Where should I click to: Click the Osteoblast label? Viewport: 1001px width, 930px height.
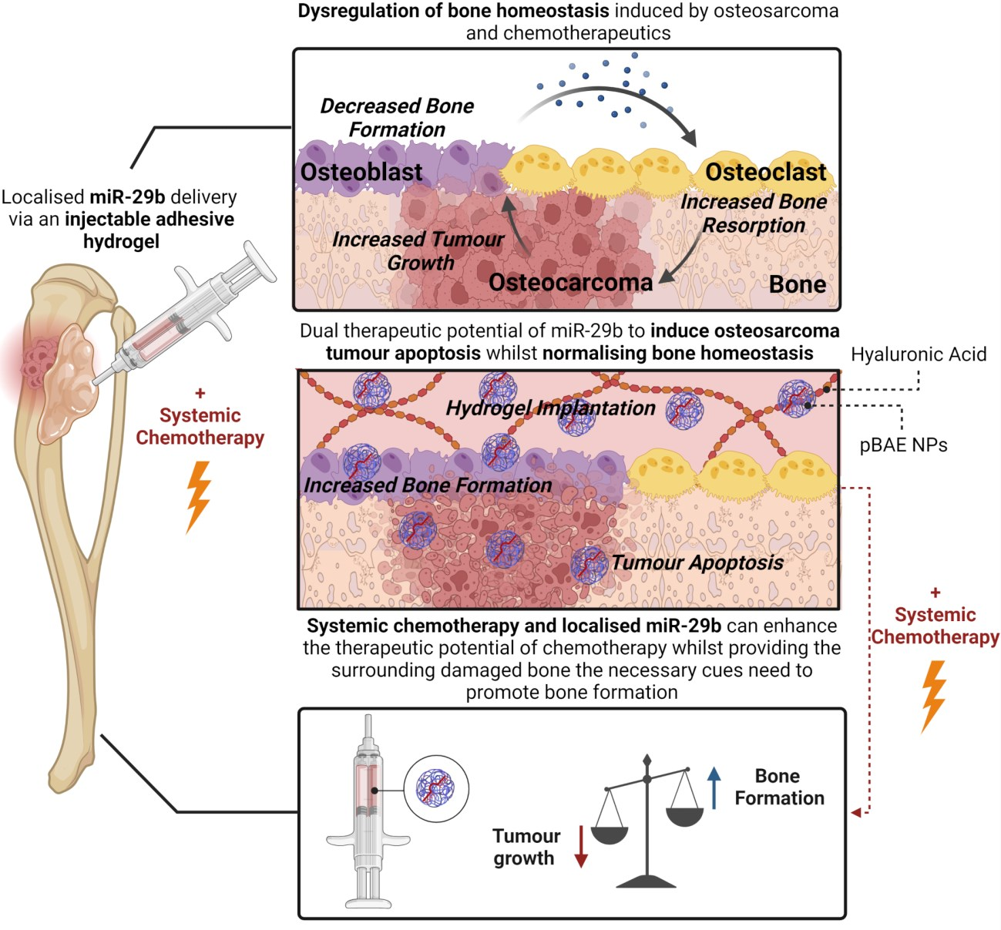pos(361,172)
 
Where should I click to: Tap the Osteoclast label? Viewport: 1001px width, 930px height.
pos(766,172)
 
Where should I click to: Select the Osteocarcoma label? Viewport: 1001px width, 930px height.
pos(570,282)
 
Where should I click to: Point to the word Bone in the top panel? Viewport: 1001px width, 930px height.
pos(798,285)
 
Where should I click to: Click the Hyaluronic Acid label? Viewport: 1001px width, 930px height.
pos(919,354)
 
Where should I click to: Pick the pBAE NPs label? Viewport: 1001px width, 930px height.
pos(903,445)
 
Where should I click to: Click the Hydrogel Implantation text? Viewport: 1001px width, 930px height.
pos(550,408)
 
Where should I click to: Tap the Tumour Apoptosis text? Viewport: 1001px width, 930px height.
pos(697,562)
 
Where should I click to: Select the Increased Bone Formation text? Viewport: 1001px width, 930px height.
pos(428,485)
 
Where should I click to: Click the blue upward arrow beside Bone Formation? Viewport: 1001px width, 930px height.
pos(714,788)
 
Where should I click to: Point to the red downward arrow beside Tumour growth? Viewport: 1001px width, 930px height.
pos(581,846)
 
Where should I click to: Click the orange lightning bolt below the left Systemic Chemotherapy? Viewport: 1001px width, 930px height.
pos(199,496)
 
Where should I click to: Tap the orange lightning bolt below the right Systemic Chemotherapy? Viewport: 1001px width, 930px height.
pos(934,697)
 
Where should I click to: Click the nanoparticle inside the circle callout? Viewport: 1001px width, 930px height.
pos(435,788)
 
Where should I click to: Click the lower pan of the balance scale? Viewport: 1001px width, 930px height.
pos(610,836)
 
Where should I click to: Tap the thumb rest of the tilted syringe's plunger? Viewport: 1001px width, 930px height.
pos(260,261)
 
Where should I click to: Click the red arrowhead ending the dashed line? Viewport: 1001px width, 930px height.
pos(856,813)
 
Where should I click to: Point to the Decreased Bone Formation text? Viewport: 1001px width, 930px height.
pos(397,117)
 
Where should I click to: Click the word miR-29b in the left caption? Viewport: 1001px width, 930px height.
pos(127,196)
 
